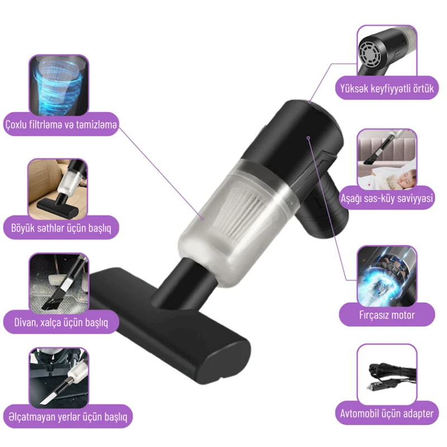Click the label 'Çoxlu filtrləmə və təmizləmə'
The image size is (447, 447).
(61, 125)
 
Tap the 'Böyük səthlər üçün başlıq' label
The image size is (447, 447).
(61, 228)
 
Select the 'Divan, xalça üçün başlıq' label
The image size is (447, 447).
(61, 322)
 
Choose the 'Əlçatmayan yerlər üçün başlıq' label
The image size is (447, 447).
(68, 416)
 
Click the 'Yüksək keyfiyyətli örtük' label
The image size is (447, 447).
(387, 88)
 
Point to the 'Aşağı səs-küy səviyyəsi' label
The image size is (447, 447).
(387, 198)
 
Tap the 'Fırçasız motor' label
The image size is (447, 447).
(387, 315)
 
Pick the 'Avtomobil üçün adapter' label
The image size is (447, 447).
(387, 413)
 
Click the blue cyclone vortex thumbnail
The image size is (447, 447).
(59, 85)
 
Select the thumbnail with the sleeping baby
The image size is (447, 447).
(387, 159)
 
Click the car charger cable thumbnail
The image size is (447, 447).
(387, 374)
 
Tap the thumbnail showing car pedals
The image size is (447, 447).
(59, 283)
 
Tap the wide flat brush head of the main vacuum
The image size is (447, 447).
(168, 325)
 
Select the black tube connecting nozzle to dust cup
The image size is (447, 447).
(183, 282)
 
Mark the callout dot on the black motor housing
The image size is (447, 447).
(308, 138)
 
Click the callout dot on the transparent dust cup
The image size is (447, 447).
(202, 218)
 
